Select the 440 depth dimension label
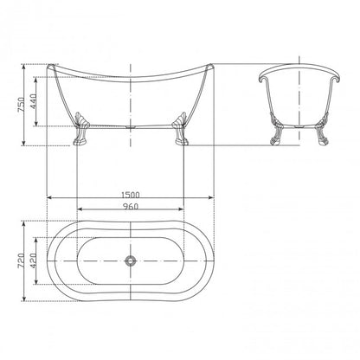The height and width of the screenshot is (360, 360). (34, 101)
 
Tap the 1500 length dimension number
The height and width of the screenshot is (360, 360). (131, 195)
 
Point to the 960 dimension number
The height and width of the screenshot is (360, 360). (131, 207)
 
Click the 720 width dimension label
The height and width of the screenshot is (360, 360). (22, 261)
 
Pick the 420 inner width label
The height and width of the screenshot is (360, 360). (34, 261)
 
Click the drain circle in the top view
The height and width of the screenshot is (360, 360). (131, 260)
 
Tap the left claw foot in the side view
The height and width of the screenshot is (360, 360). (80, 128)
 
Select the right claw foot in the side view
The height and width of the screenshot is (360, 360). (180, 128)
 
